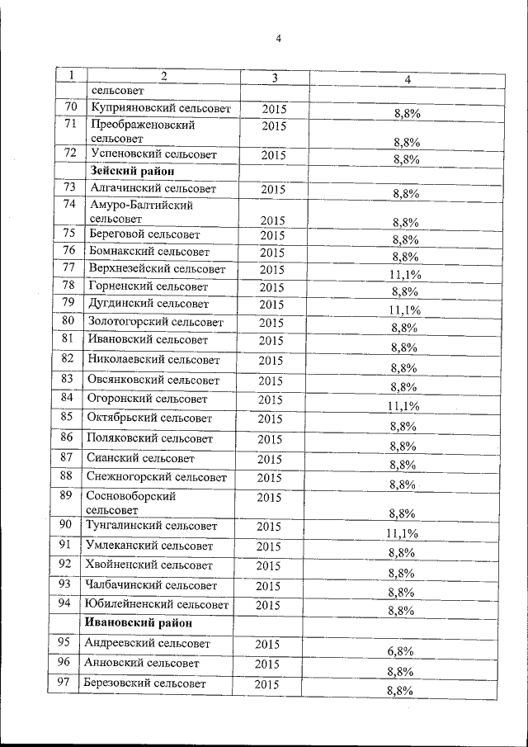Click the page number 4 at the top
pos(279,39)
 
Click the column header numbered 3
pos(274,78)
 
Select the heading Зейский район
pos(130,172)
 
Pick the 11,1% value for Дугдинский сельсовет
pos(404,310)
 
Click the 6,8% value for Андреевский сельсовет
pos(400,650)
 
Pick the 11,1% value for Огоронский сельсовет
pos(403,406)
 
